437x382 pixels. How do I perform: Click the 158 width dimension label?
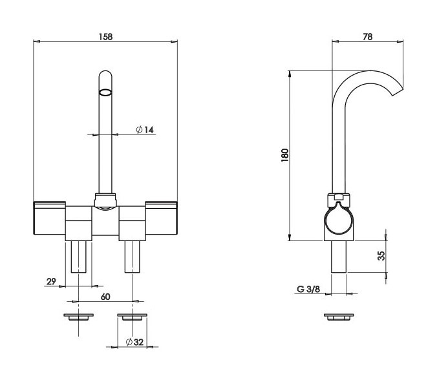pos(105,37)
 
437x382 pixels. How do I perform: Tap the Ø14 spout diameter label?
pos(145,129)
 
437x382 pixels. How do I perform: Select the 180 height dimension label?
pos(285,156)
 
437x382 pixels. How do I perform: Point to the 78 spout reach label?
pos(368,37)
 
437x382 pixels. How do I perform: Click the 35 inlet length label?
pos(381,256)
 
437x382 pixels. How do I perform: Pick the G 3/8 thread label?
pos(308,289)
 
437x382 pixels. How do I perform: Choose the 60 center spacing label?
pos(105,297)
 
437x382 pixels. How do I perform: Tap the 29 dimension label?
pos(51,282)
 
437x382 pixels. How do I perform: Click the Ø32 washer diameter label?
pos(134,342)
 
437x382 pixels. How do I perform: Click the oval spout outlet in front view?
pos(105,92)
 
